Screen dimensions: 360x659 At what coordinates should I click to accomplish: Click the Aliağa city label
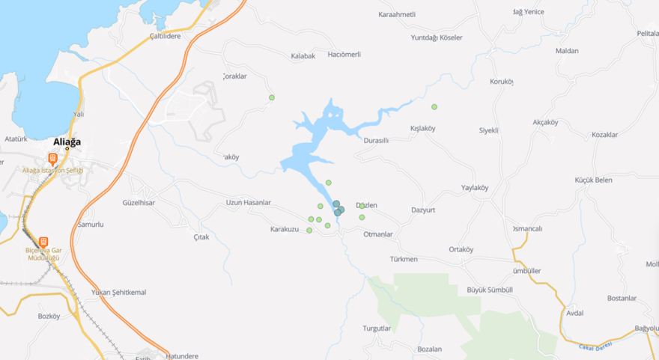(67, 141)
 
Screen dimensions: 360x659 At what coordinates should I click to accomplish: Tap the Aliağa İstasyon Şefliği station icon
(52, 159)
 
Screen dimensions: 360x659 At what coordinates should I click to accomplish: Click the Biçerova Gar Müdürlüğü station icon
(43, 242)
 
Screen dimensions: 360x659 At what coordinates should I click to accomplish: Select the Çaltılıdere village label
(165, 36)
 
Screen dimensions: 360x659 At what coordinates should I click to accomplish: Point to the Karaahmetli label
(397, 14)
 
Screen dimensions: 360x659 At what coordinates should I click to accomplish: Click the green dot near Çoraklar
(272, 97)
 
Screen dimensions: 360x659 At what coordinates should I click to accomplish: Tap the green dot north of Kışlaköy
(434, 107)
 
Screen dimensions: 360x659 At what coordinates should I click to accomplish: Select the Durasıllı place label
(376, 140)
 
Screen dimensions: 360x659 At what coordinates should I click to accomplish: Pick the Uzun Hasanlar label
(248, 203)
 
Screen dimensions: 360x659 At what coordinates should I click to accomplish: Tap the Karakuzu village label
(285, 229)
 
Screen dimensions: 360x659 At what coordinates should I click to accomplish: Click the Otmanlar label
(377, 234)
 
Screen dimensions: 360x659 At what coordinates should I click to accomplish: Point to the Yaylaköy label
(475, 188)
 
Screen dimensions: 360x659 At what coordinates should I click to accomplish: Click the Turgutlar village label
(377, 329)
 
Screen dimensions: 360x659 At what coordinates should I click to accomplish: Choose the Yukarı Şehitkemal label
(118, 292)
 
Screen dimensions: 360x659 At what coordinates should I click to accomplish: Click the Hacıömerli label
(344, 55)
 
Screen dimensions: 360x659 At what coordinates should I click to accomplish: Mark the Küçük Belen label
(593, 180)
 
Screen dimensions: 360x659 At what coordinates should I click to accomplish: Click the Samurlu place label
(91, 225)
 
